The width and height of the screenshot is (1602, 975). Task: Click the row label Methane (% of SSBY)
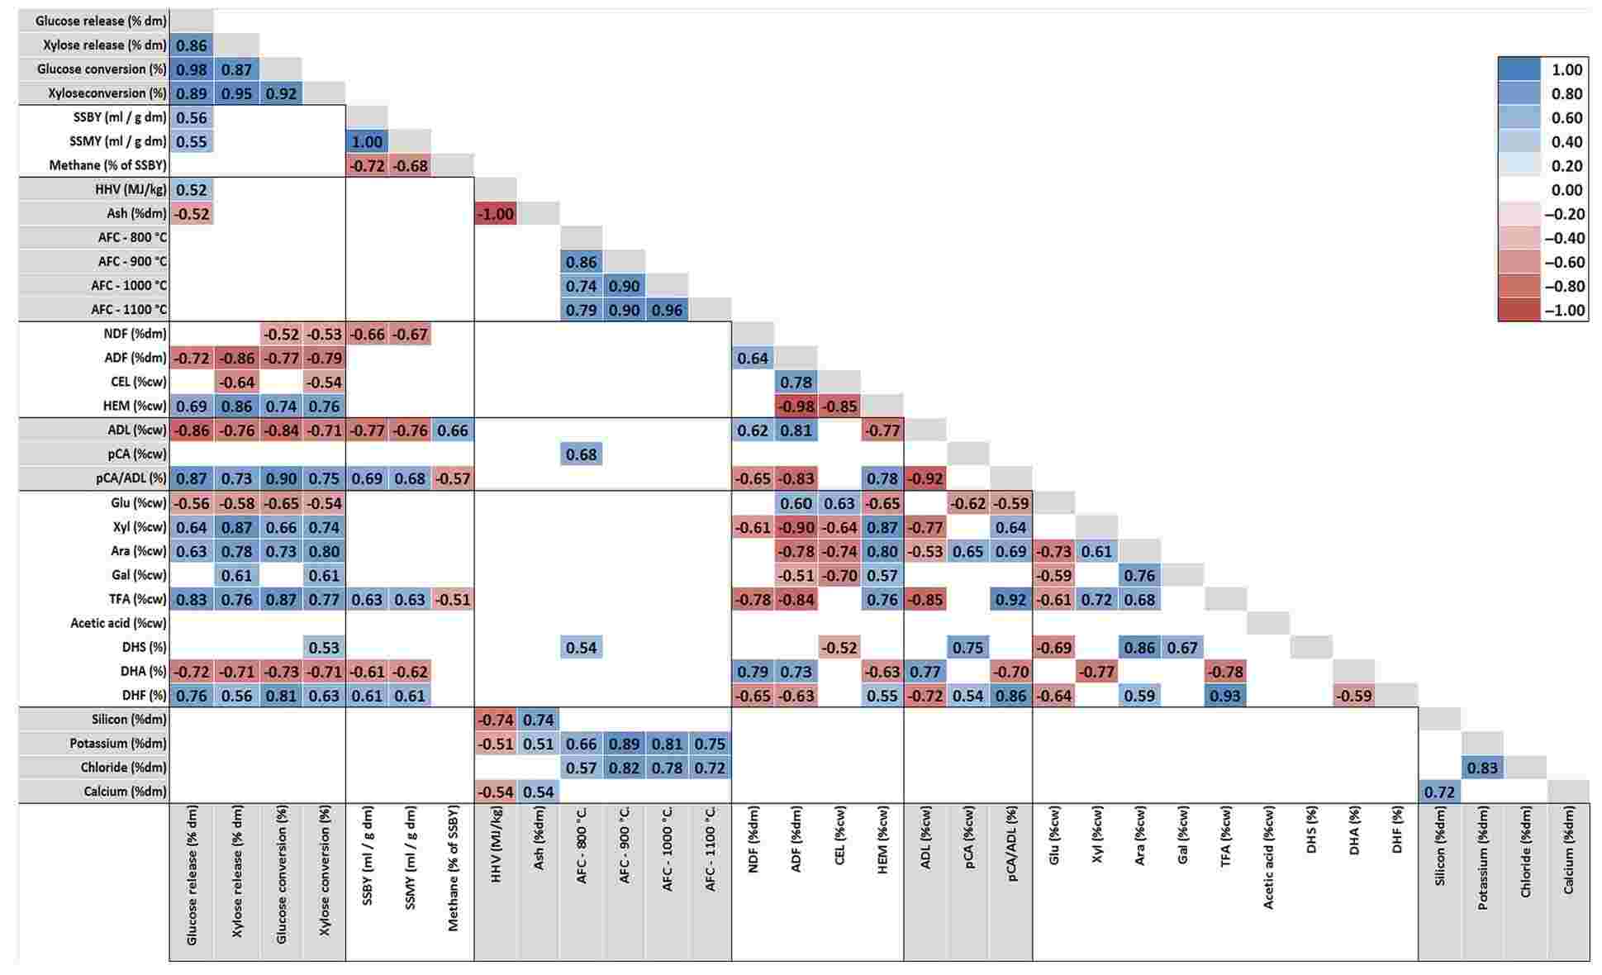(x=107, y=165)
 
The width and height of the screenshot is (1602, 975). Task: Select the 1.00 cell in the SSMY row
(x=367, y=141)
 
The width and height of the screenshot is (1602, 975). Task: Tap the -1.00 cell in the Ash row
(x=496, y=214)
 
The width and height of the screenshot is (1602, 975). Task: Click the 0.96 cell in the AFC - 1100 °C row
(x=667, y=310)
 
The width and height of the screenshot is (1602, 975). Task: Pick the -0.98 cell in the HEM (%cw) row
(x=796, y=407)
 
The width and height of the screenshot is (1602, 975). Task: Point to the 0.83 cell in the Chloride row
(x=1482, y=768)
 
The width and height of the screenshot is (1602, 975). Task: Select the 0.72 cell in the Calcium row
(x=1439, y=792)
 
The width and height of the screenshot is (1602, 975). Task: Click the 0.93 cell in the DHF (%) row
(x=1224, y=696)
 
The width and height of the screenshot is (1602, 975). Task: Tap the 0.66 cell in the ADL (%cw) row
(x=453, y=430)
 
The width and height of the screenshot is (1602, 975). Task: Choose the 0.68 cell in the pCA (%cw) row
(x=581, y=454)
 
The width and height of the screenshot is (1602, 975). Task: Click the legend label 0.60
(x=1566, y=117)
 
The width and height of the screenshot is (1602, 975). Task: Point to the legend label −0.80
(x=1564, y=286)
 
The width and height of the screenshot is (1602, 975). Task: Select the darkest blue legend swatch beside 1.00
(x=1519, y=69)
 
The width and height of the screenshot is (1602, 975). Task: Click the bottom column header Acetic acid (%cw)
(x=1268, y=859)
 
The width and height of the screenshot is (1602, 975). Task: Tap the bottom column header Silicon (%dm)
(x=1439, y=847)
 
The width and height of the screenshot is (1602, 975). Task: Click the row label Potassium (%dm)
(x=117, y=744)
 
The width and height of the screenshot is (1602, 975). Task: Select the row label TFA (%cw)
(x=138, y=599)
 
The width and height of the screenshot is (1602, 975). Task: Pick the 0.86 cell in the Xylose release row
(x=192, y=45)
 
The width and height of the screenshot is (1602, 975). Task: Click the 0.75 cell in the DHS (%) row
(x=967, y=647)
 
